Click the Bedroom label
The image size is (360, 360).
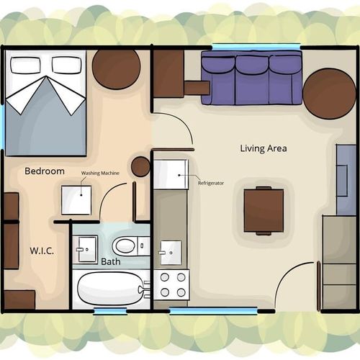[45, 171]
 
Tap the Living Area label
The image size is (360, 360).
[264, 148]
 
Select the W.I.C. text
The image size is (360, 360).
[42, 251]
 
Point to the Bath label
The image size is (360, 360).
[111, 261]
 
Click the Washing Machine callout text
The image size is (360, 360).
[100, 173]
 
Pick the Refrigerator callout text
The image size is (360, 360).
[211, 183]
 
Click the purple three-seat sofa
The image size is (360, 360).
[251, 78]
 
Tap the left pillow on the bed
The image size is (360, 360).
[25, 65]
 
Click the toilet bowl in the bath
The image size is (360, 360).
[125, 246]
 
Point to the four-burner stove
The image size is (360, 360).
[171, 284]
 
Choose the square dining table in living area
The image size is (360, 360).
[264, 210]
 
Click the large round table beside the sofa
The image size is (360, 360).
[329, 94]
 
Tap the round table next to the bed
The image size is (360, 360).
[117, 69]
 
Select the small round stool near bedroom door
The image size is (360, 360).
[140, 166]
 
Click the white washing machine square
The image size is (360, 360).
[76, 200]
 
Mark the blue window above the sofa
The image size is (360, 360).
[256, 46]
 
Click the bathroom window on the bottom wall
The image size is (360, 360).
[110, 311]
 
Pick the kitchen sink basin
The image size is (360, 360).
[171, 253]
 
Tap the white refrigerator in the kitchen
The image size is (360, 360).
[171, 174]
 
